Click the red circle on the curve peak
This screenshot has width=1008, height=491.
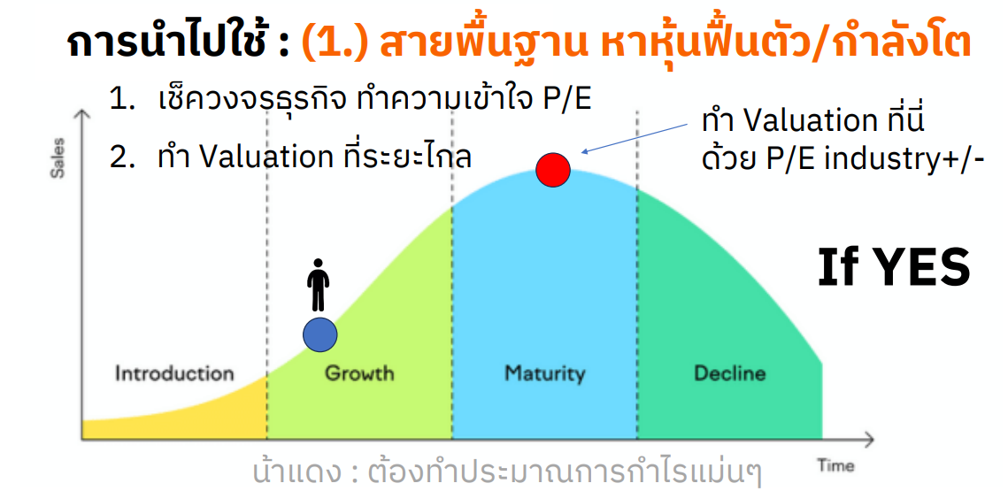553,171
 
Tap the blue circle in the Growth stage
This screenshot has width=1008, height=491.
320,334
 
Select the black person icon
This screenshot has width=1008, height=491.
318,286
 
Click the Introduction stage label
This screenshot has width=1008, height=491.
174,373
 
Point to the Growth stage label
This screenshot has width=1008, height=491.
359,373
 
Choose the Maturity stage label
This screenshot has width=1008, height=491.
544,374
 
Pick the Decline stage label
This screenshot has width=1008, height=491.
729,373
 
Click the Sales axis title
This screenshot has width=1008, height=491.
58,157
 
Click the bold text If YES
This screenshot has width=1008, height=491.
894,267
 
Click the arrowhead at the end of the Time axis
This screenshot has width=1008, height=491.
869,441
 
